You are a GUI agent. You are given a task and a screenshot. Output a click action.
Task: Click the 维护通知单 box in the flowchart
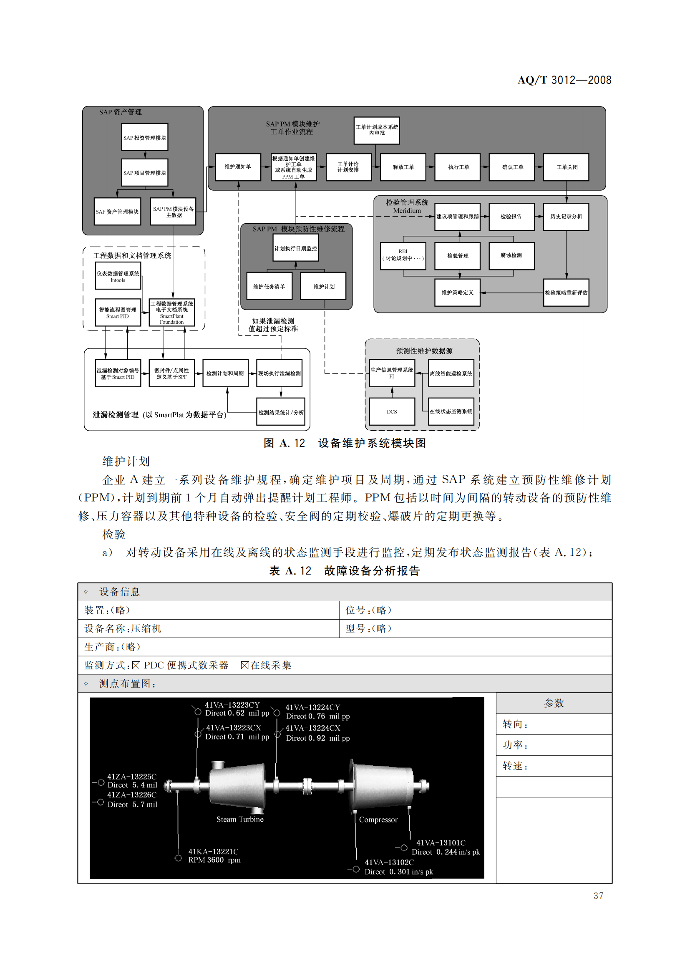point(237,167)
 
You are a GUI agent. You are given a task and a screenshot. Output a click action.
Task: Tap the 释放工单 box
point(403,167)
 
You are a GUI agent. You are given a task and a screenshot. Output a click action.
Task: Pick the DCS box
point(391,411)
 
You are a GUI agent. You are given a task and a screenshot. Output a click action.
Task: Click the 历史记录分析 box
point(566,217)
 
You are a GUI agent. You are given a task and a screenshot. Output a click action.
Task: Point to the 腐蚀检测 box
point(511,255)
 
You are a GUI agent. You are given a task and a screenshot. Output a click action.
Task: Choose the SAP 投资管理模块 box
point(144,137)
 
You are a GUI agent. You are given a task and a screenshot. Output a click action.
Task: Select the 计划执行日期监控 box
point(295,248)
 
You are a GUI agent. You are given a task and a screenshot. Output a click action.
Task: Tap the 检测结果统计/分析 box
point(280,412)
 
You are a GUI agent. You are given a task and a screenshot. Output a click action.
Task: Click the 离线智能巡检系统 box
point(451,373)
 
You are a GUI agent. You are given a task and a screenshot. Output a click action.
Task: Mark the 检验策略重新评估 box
point(566,293)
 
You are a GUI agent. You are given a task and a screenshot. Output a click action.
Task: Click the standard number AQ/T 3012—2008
point(564,80)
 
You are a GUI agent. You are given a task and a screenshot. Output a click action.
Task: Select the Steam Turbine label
point(239,819)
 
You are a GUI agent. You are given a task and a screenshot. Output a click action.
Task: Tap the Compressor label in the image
point(378,820)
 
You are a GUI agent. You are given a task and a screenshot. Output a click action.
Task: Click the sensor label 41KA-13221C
point(213,852)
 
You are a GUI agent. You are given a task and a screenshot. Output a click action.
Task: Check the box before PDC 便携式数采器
point(136,665)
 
